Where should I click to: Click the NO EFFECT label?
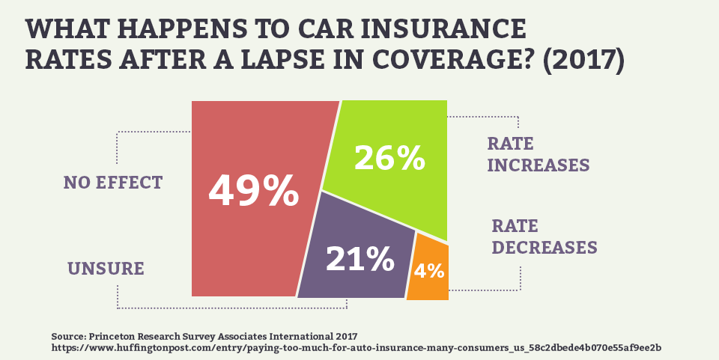[x=113, y=182]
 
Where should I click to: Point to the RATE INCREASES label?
[x=539, y=154]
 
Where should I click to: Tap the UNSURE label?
[x=106, y=268]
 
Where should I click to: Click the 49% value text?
[x=253, y=191]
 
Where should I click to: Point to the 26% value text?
[x=389, y=157]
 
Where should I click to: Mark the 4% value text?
[x=428, y=270]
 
